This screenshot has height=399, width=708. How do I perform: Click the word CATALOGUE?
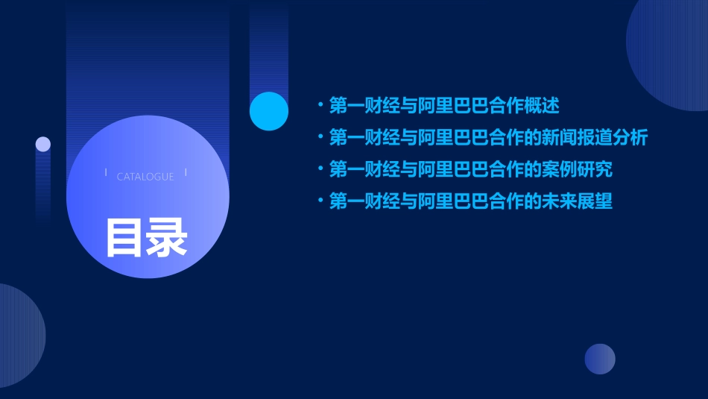[x=145, y=177]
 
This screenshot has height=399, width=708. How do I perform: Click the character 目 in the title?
[x=124, y=237]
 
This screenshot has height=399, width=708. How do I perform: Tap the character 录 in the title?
[x=167, y=237]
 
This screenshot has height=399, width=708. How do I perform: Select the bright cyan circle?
[x=269, y=111]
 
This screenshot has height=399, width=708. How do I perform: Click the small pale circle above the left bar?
[x=43, y=144]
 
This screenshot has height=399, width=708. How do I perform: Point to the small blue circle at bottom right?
[x=600, y=359]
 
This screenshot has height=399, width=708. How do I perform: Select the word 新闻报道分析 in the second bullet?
[x=595, y=138]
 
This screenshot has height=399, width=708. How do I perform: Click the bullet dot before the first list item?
[x=320, y=106]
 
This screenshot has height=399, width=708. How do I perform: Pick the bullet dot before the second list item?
[x=320, y=138]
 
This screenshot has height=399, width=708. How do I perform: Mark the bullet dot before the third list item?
[x=320, y=169]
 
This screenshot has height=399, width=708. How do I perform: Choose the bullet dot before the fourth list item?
[x=320, y=201]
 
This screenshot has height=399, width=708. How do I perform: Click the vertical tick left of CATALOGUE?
[x=106, y=173]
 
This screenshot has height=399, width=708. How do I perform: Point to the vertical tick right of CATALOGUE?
[x=186, y=173]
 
